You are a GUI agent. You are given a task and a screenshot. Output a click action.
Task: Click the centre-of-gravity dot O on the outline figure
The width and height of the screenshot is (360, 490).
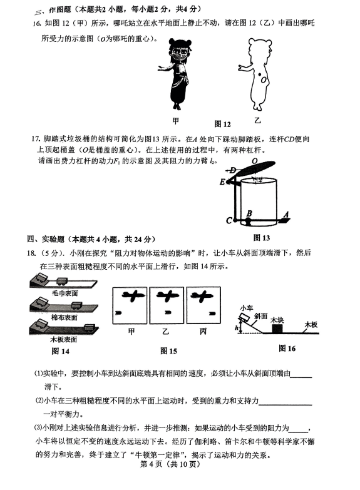point(259,74)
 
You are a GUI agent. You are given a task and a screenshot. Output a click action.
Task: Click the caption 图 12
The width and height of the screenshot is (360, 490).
point(222,124)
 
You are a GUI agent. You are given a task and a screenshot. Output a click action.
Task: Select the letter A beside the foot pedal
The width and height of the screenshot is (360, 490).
point(285,215)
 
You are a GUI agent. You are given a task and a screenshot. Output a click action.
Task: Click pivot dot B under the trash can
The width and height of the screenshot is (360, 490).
point(248,221)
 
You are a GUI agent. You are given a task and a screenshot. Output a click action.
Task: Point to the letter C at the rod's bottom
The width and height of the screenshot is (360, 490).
point(229,221)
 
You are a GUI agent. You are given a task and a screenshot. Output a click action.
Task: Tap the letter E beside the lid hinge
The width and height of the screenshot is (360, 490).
point(222,182)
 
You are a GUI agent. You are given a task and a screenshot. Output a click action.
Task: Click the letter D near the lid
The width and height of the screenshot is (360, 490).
point(233,170)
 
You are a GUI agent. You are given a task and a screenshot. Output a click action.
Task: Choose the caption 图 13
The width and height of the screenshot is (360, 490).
point(262,238)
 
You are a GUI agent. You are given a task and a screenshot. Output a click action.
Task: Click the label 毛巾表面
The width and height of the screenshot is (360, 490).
point(64,293)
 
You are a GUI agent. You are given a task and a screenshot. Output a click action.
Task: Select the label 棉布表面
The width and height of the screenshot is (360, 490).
point(64,317)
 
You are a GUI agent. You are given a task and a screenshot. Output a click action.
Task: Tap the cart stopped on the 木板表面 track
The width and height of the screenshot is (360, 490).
point(90,327)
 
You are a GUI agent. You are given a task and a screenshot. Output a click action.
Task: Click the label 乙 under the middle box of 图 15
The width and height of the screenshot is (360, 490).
point(165,331)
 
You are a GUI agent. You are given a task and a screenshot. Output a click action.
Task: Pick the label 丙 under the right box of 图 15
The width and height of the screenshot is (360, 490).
point(203,331)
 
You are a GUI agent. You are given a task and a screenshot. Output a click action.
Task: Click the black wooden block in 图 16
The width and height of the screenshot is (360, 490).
point(277,329)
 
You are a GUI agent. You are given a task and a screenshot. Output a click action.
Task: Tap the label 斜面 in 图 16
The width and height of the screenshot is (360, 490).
point(260,316)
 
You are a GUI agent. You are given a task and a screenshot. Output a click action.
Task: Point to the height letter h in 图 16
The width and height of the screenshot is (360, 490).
point(236,328)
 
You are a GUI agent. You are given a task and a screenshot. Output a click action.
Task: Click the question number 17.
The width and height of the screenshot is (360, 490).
point(36,139)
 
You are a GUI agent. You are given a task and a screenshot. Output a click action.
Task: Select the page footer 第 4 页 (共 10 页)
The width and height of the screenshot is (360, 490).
point(170,464)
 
